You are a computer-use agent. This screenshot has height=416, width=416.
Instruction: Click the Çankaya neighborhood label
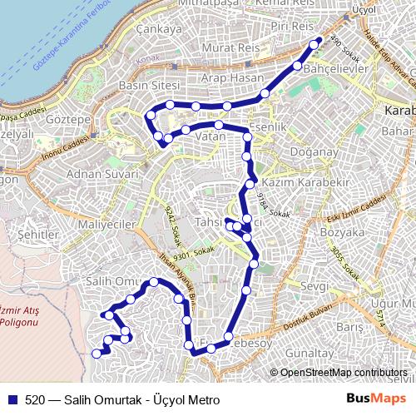[162, 29]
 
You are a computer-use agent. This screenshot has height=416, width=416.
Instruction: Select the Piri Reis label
[290, 27]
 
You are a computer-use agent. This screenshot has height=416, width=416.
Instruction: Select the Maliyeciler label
[106, 225]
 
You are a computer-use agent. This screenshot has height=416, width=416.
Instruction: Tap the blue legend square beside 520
[12, 399]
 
